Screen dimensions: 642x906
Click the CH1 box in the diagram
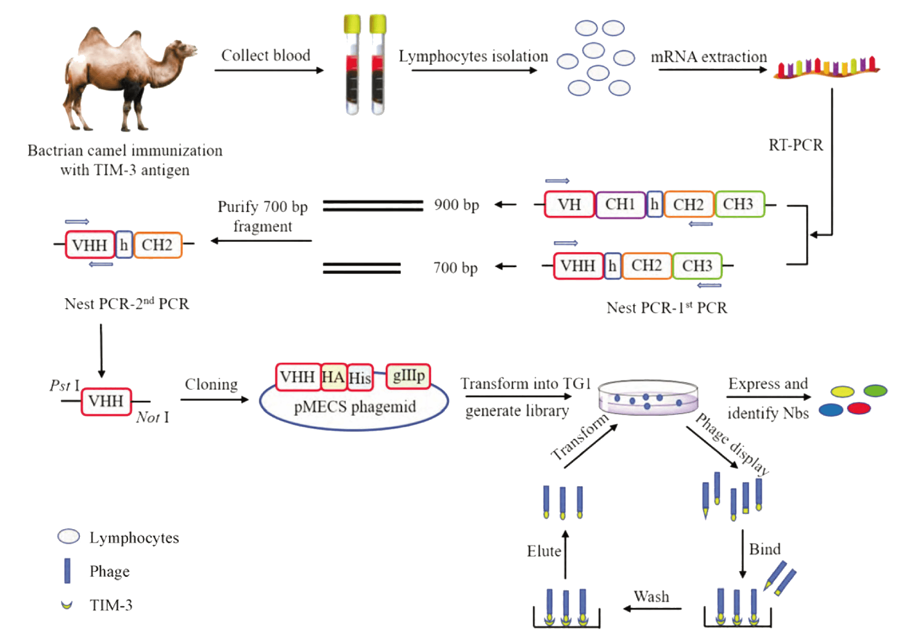point(620,205)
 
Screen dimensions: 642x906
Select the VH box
point(569,205)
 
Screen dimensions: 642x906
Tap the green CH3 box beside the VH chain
point(738,204)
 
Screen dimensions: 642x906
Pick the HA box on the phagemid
point(333,377)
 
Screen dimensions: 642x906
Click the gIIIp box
point(408,376)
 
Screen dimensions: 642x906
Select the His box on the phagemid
point(360,378)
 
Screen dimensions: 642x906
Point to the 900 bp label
point(456,205)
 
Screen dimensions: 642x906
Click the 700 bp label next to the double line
point(455,268)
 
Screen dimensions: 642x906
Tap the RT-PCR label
point(795,145)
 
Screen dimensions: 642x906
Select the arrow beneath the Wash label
point(652,609)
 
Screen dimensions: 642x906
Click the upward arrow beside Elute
point(565,554)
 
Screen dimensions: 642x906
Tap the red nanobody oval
point(859,408)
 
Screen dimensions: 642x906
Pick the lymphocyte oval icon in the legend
point(69,537)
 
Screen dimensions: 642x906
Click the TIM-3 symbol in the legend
point(66,604)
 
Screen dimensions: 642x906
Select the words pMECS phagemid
point(355,407)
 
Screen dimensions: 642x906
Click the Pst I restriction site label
point(65,386)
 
